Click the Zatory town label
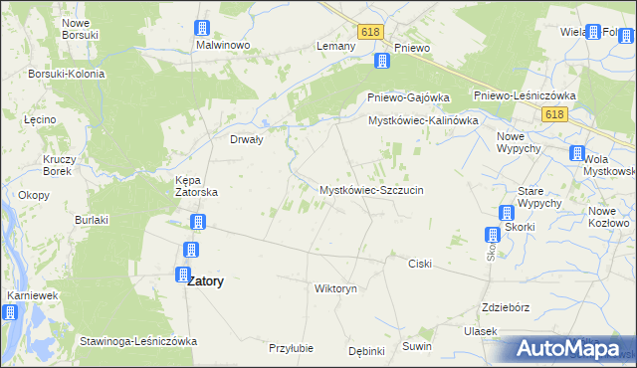[x=205, y=281]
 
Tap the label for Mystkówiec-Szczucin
[x=371, y=189]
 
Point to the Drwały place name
[x=246, y=139]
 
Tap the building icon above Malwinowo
[x=202, y=27]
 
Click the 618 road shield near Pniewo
[x=371, y=32]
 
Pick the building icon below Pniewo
[x=381, y=63]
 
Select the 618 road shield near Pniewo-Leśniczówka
[x=554, y=115]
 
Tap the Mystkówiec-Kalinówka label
[x=424, y=119]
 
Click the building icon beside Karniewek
[x=9, y=312]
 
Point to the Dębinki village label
[x=366, y=350]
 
